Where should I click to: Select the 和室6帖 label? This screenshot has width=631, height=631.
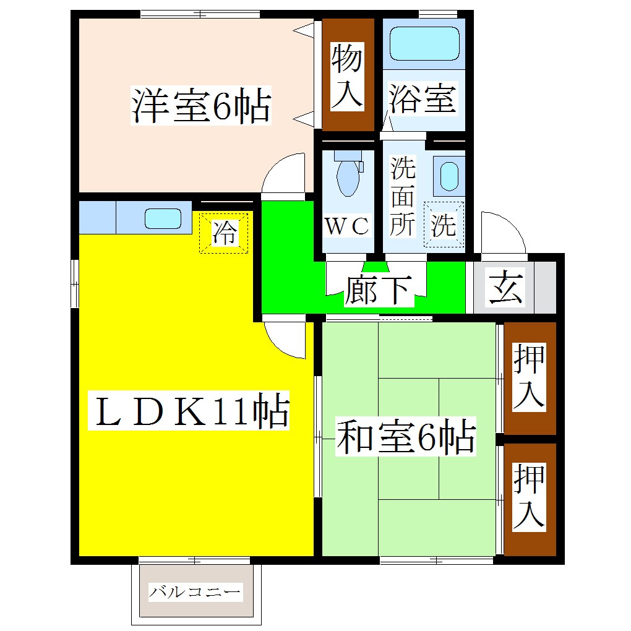pyautogui.click(x=405, y=437)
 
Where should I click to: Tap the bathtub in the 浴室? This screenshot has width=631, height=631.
pyautogui.click(x=424, y=43)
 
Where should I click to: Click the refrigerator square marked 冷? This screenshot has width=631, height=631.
pyautogui.click(x=223, y=233)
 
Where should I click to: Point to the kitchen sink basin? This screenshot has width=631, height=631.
pyautogui.click(x=163, y=218)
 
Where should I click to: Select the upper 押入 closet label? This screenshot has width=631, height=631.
pyautogui.click(x=529, y=377)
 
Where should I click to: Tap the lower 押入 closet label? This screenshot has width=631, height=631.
pyautogui.click(x=529, y=496)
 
